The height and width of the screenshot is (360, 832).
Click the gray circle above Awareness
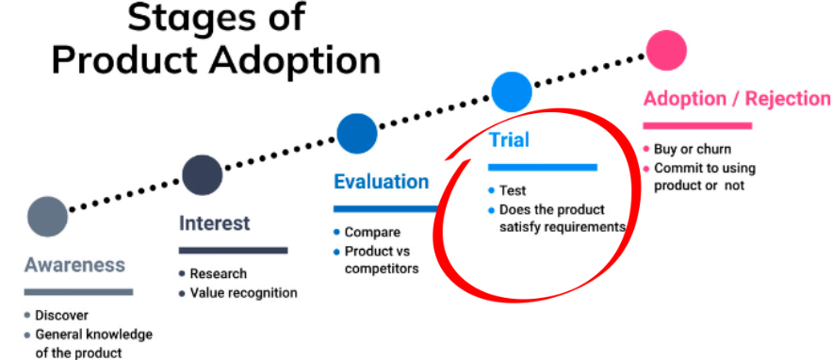click(x=48, y=216)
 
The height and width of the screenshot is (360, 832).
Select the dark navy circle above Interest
click(x=202, y=174)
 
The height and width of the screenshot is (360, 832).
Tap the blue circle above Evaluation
click(x=357, y=133)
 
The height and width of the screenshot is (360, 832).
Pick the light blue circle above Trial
click(x=513, y=91)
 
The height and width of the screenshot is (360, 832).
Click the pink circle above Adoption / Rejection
click(x=667, y=49)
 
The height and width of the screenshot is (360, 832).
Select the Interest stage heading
click(x=215, y=223)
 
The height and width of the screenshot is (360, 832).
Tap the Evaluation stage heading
click(x=381, y=182)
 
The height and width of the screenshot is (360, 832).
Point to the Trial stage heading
click(x=509, y=140)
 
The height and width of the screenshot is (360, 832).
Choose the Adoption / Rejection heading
click(x=736, y=99)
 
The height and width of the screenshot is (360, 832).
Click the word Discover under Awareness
click(x=61, y=316)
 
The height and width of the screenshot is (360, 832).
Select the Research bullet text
click(x=219, y=274)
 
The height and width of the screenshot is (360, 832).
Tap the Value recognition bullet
click(x=244, y=293)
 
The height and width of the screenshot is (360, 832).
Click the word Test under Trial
click(x=513, y=191)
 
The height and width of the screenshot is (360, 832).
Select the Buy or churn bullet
click(x=692, y=150)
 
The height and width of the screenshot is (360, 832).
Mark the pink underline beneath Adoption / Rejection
click(x=696, y=125)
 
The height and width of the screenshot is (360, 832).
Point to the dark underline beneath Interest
click(x=233, y=251)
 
